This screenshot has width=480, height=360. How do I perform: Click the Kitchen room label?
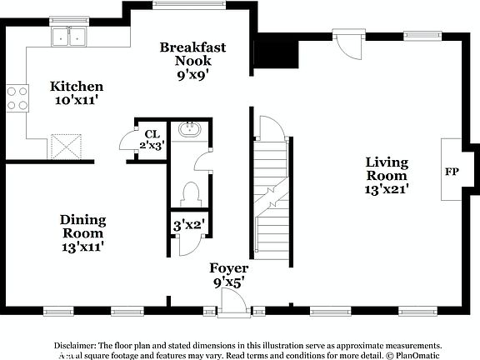point(76,93)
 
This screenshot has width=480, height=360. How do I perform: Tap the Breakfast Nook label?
point(192,61)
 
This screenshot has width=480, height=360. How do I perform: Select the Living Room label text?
point(386,176)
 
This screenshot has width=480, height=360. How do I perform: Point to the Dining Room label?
point(82,232)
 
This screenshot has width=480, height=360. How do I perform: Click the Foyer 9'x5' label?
point(228,275)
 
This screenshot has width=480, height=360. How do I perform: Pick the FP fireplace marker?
point(452,172)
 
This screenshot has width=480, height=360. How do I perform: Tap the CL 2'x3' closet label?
point(152,139)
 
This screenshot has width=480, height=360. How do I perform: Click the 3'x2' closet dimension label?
point(189,224)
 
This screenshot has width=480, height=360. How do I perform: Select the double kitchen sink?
point(69,37)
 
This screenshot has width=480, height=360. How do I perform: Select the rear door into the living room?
point(346,40)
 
